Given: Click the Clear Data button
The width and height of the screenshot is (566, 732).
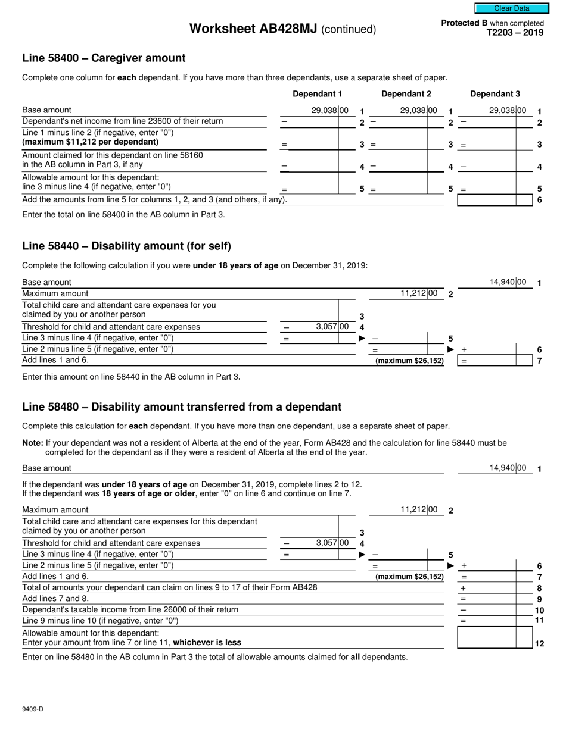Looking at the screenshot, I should click(511, 8).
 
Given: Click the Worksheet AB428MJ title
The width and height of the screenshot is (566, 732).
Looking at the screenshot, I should click(282, 29).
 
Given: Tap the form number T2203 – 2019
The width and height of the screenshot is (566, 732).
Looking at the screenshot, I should click(515, 33).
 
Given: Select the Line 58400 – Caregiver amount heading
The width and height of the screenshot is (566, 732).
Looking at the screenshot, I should click(104, 58).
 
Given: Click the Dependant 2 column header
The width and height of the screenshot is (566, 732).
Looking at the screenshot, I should click(406, 94).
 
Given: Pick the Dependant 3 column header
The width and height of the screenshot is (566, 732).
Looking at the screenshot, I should click(495, 94).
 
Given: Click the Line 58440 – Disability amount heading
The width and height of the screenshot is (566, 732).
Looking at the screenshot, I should click(126, 246).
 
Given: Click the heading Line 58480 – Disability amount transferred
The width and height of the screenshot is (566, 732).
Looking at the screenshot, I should click(182, 407).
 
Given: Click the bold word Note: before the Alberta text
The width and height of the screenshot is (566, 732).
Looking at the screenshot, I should click(33, 443).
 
